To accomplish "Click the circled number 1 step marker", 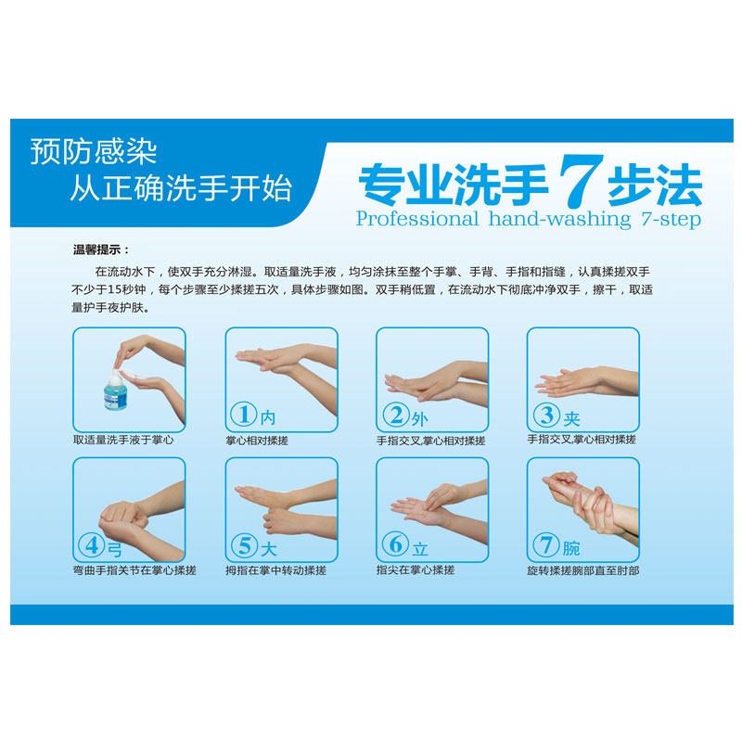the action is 244,414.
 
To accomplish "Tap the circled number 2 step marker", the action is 396,415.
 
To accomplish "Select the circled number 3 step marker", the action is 546,415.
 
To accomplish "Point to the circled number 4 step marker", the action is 92,545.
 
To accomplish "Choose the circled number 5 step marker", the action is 244,545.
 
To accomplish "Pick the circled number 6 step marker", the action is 396,544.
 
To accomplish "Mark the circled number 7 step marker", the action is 546,544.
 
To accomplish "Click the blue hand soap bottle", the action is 115,390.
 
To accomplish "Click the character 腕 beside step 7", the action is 571,548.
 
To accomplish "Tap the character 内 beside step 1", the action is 267,417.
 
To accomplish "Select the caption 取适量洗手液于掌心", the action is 123,440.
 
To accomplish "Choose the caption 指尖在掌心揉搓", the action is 416,569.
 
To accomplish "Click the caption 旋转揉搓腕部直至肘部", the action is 583,570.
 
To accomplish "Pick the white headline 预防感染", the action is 94,152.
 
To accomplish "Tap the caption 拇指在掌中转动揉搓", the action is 275,570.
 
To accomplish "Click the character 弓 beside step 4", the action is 115,549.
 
